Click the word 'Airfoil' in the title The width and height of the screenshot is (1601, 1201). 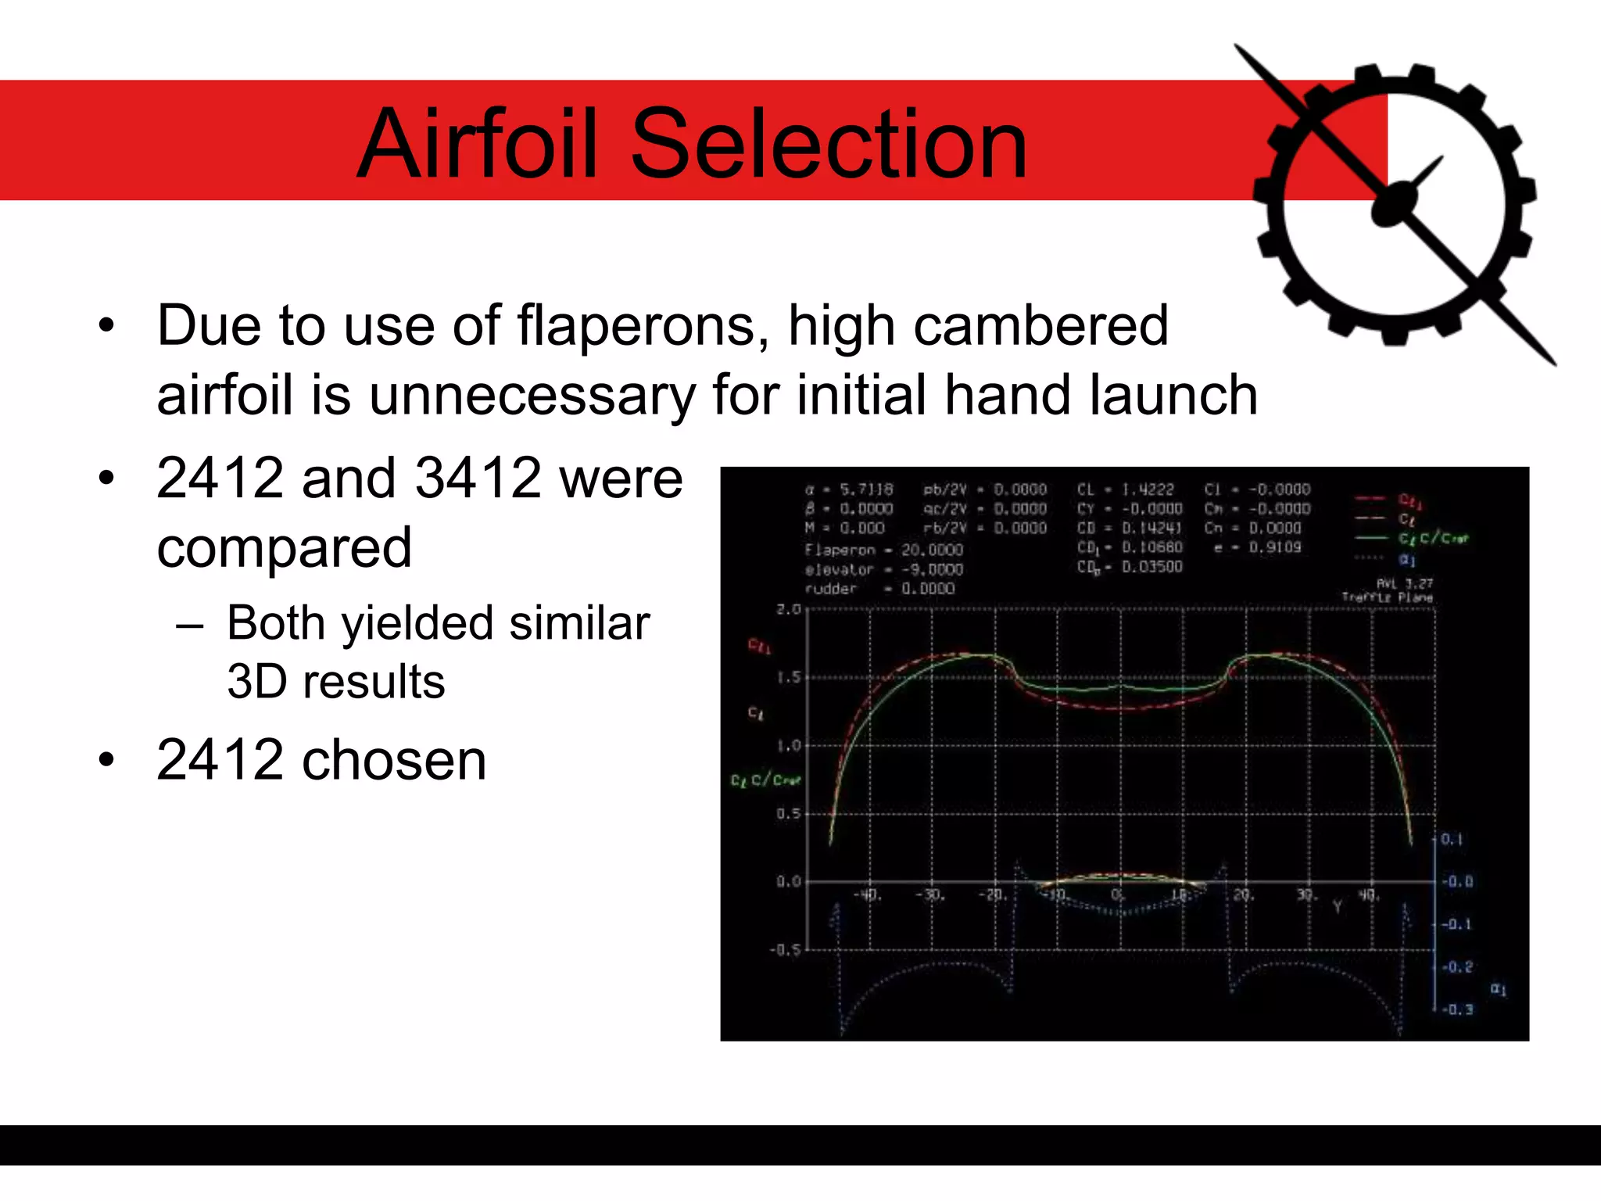[482, 145]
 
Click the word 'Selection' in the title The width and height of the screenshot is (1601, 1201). [829, 145]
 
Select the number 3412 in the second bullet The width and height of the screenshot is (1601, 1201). [478, 478]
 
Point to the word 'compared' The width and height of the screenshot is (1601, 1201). [284, 547]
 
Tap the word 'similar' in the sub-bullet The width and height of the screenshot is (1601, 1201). [579, 623]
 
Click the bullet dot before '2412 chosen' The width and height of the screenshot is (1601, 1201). [107, 758]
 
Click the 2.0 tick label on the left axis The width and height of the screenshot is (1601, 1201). [788, 609]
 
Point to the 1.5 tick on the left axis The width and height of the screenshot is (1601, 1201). [788, 677]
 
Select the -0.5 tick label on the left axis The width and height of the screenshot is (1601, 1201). [785, 950]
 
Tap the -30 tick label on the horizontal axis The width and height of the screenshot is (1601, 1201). [930, 894]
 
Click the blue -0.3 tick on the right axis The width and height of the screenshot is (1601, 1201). [1458, 1009]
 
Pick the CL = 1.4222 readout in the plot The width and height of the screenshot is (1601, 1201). [1126, 489]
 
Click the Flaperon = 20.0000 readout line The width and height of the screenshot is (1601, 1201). [883, 550]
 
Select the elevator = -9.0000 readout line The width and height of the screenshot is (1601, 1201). [883, 569]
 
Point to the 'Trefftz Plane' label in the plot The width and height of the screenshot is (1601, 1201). [1387, 597]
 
